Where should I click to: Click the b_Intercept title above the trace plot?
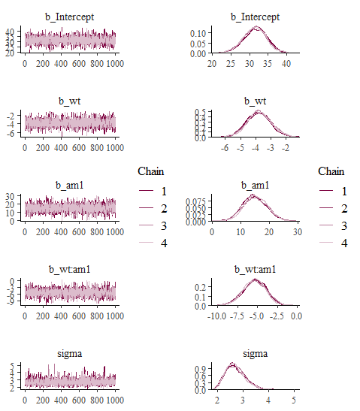click(69, 17)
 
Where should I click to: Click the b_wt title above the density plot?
click(255, 101)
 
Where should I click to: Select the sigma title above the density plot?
click(255, 354)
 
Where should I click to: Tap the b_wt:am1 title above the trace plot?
click(69, 270)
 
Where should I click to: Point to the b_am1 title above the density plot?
click(255, 186)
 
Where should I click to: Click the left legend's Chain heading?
click(151, 171)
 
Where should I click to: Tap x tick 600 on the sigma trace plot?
click(79, 400)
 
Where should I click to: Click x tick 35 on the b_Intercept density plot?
click(268, 64)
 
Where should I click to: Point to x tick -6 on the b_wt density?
click(225, 148)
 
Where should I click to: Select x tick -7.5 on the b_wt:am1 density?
click(237, 316)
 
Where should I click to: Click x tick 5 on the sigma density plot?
click(294, 400)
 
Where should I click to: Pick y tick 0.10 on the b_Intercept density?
click(198, 33)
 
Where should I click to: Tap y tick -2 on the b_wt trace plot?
click(11, 116)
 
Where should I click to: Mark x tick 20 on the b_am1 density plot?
click(269, 232)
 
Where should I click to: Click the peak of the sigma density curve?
click(232, 363)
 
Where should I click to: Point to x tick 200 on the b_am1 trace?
click(43, 232)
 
